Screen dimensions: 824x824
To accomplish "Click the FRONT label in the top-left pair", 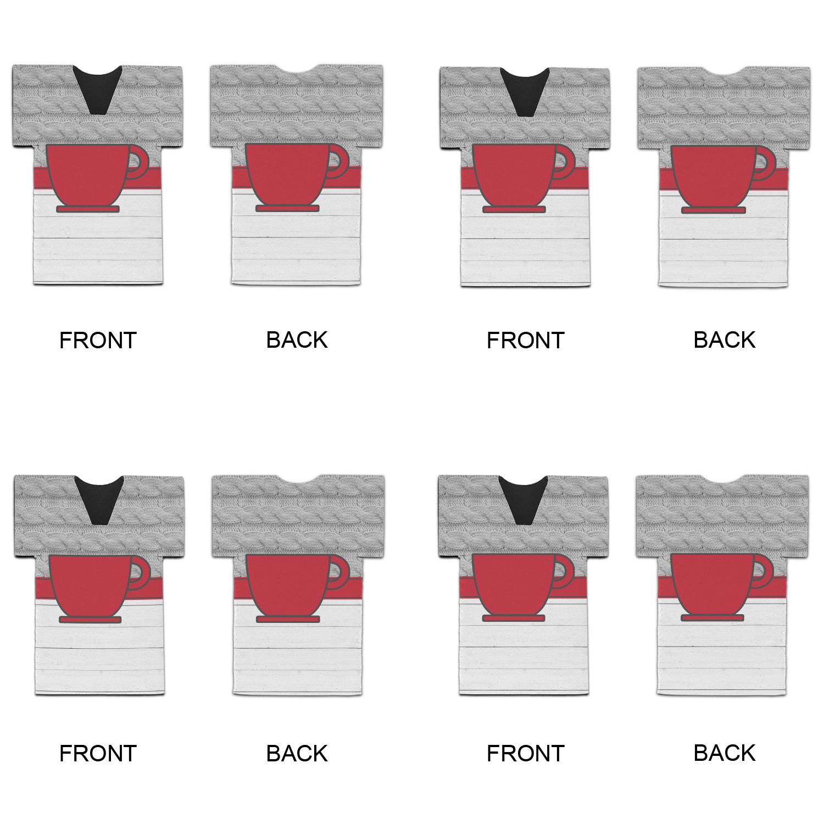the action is click(98, 341).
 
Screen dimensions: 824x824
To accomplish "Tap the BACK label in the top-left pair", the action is click(297, 340).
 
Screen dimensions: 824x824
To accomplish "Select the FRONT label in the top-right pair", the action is click(525, 341).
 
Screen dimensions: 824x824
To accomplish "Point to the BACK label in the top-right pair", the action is click(724, 340).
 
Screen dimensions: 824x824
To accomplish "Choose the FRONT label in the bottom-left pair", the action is click(98, 754).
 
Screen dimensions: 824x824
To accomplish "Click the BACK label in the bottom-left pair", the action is click(297, 753).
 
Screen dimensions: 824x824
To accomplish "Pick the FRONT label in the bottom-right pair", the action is click(525, 754).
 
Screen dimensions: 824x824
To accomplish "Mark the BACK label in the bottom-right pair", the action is click(724, 753).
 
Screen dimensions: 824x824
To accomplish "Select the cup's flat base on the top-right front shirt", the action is click(514, 209).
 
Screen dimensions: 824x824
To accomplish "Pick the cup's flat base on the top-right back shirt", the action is click(714, 210).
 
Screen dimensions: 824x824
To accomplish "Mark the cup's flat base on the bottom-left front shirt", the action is click(90, 620).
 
